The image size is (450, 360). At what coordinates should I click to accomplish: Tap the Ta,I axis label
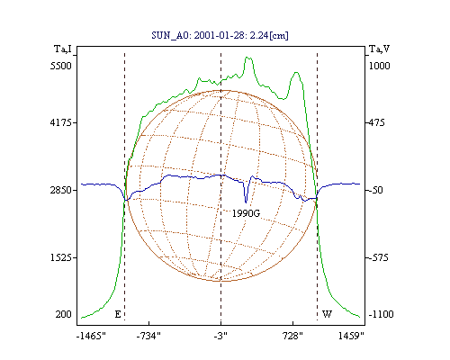[x=63, y=49]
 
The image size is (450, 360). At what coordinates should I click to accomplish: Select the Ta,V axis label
[x=379, y=49]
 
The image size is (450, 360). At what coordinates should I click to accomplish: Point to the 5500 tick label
[x=61, y=66]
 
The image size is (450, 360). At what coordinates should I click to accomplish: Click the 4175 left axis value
[x=61, y=122]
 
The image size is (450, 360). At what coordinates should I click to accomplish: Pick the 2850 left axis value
[x=61, y=190]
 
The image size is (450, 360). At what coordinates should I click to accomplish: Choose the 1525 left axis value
[x=61, y=257]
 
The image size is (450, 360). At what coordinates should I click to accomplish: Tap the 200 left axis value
[x=63, y=314]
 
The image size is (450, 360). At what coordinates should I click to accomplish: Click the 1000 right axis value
[x=379, y=66]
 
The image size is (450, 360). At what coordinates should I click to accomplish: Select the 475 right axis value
[x=376, y=122]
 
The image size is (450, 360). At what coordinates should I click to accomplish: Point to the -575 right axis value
[x=378, y=257]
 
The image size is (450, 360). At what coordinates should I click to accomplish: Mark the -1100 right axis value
[x=381, y=314]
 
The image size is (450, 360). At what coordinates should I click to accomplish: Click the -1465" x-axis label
[x=91, y=336]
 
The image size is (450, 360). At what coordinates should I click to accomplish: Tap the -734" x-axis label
[x=148, y=336]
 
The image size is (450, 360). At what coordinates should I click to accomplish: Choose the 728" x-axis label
[x=292, y=336]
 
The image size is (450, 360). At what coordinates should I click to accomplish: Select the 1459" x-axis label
[x=351, y=336]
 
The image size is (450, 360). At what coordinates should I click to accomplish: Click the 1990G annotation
[x=246, y=213]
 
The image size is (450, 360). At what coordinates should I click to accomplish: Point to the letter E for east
[x=118, y=314]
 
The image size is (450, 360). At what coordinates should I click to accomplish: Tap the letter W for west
[x=327, y=314]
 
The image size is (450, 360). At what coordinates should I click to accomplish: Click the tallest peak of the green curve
[x=247, y=57]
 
